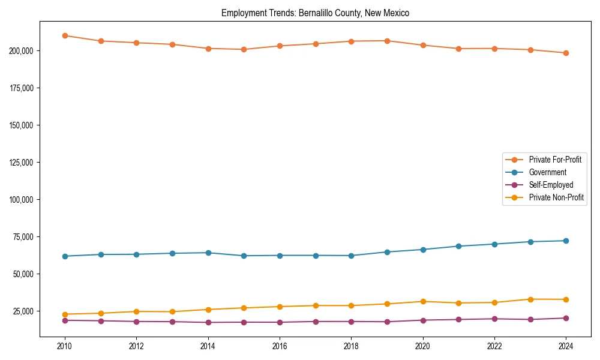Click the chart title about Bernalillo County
coord(315,13)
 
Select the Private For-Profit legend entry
coord(554,160)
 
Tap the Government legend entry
coord(547,172)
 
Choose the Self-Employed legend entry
coord(551,185)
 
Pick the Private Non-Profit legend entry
coord(556,197)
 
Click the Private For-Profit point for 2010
coord(65,36)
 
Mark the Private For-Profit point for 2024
coord(566,53)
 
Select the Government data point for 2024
coord(566,241)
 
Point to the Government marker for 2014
coord(208,253)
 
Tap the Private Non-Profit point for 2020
coord(423,301)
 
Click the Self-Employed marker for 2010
coord(65,320)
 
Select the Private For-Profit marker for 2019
coord(387,41)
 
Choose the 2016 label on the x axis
coord(280,346)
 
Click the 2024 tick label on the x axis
coord(566,346)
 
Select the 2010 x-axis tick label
coord(65,346)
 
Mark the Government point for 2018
coord(352,256)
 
